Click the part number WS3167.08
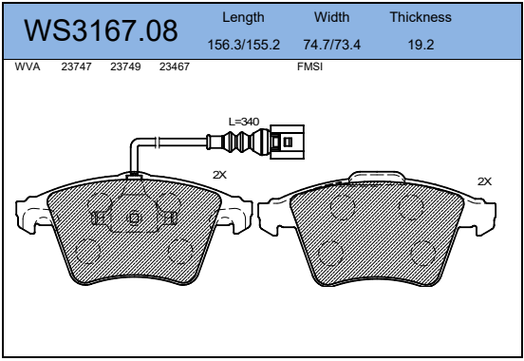tap(101, 30)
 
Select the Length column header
tap(243, 17)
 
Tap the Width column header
tap(332, 17)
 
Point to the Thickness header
tap(421, 17)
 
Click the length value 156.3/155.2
tap(244, 45)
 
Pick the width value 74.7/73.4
tap(332, 45)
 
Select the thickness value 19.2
tap(421, 45)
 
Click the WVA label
tap(28, 66)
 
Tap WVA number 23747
tap(76, 66)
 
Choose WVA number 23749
tap(125, 66)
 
